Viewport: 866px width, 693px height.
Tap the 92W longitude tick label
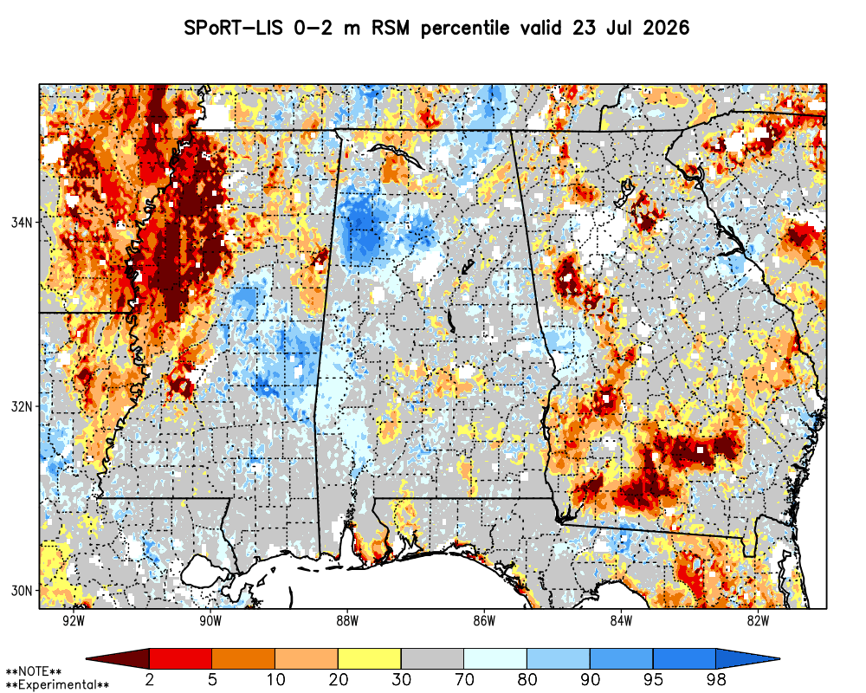pos(74,621)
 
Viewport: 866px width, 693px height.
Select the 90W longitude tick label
pos(210,621)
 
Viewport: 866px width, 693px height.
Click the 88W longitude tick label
pos(347,621)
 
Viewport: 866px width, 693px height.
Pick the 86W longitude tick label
pos(484,621)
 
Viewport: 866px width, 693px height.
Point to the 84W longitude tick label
pos(621,621)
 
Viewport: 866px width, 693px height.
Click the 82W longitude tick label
pos(759,621)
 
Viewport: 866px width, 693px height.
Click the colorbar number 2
pos(149,679)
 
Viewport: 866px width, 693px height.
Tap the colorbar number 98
pos(716,679)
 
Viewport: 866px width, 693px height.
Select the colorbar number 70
pos(464,679)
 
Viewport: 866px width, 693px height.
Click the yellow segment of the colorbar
pos(370,658)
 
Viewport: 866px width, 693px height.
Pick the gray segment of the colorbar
pos(432,658)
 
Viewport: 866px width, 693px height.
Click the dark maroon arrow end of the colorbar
pos(118,658)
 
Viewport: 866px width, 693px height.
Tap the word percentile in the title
pos(464,29)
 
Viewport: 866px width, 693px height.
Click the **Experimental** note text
pos(57,685)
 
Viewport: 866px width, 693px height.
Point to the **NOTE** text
pos(34,672)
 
